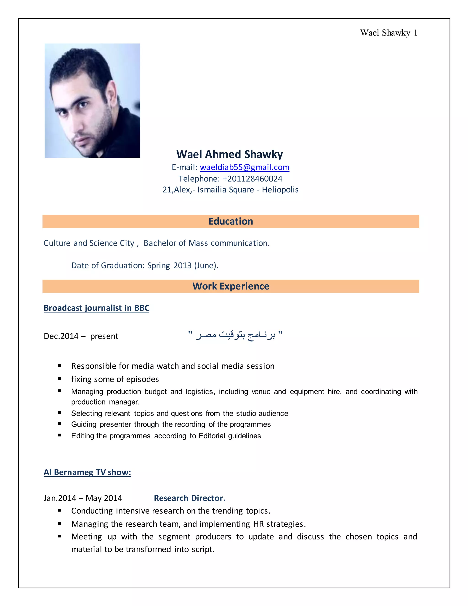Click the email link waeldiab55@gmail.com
[x=244, y=167]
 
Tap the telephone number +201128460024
[x=252, y=179]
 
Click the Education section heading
[x=231, y=221]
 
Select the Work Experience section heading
[x=231, y=286]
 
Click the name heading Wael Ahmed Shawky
[x=230, y=154]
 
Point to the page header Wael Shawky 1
[x=388, y=33]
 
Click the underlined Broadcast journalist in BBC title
[x=96, y=308]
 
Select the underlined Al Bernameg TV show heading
[x=87, y=472]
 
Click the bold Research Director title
[x=190, y=498]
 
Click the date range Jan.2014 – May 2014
[x=83, y=498]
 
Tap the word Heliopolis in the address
[x=280, y=190]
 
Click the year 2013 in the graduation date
[x=182, y=265]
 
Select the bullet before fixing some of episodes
[x=60, y=379]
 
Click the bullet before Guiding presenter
[x=60, y=424]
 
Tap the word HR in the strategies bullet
[x=258, y=524]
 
